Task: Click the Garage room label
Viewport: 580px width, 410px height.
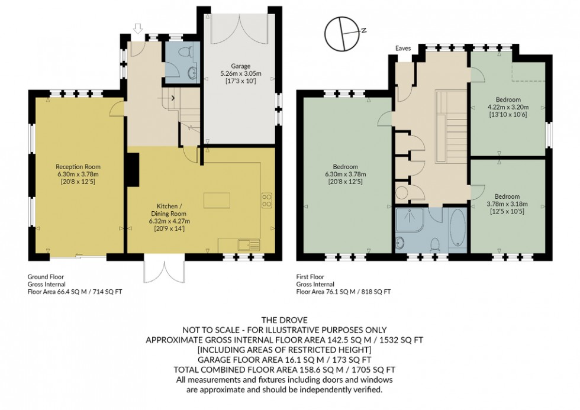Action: [240, 73]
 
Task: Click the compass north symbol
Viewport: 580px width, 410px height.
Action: [345, 33]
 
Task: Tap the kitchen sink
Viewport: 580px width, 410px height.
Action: [248, 244]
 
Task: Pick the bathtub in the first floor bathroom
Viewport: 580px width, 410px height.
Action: [458, 228]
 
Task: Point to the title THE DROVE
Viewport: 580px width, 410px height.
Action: [290, 320]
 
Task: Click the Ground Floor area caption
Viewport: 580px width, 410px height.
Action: [75, 284]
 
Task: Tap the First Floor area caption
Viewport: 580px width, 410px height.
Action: [343, 284]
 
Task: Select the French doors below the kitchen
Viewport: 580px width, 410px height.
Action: [164, 270]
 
